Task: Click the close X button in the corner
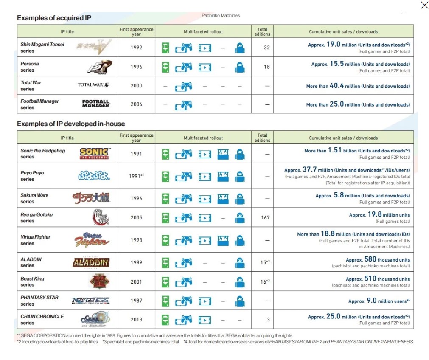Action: coord(424,5)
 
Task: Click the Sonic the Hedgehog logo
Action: coord(94,153)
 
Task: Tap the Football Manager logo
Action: coord(95,104)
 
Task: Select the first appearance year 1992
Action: coord(136,48)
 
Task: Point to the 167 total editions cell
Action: coord(265,218)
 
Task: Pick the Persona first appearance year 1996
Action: coord(136,67)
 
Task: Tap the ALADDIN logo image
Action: coord(91,262)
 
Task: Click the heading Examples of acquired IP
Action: coord(54,18)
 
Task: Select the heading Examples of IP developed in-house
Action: coord(71,124)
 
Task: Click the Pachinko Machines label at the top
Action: coord(221,15)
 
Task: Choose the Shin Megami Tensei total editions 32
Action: coord(266,48)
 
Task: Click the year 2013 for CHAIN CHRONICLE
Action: coord(136,319)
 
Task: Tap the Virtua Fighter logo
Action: coord(92,240)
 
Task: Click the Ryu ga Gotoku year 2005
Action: coord(136,218)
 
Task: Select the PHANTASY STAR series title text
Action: coord(39,301)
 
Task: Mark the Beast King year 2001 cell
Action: coord(136,281)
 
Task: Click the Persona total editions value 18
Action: coord(266,67)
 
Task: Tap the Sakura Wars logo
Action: coord(91,198)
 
